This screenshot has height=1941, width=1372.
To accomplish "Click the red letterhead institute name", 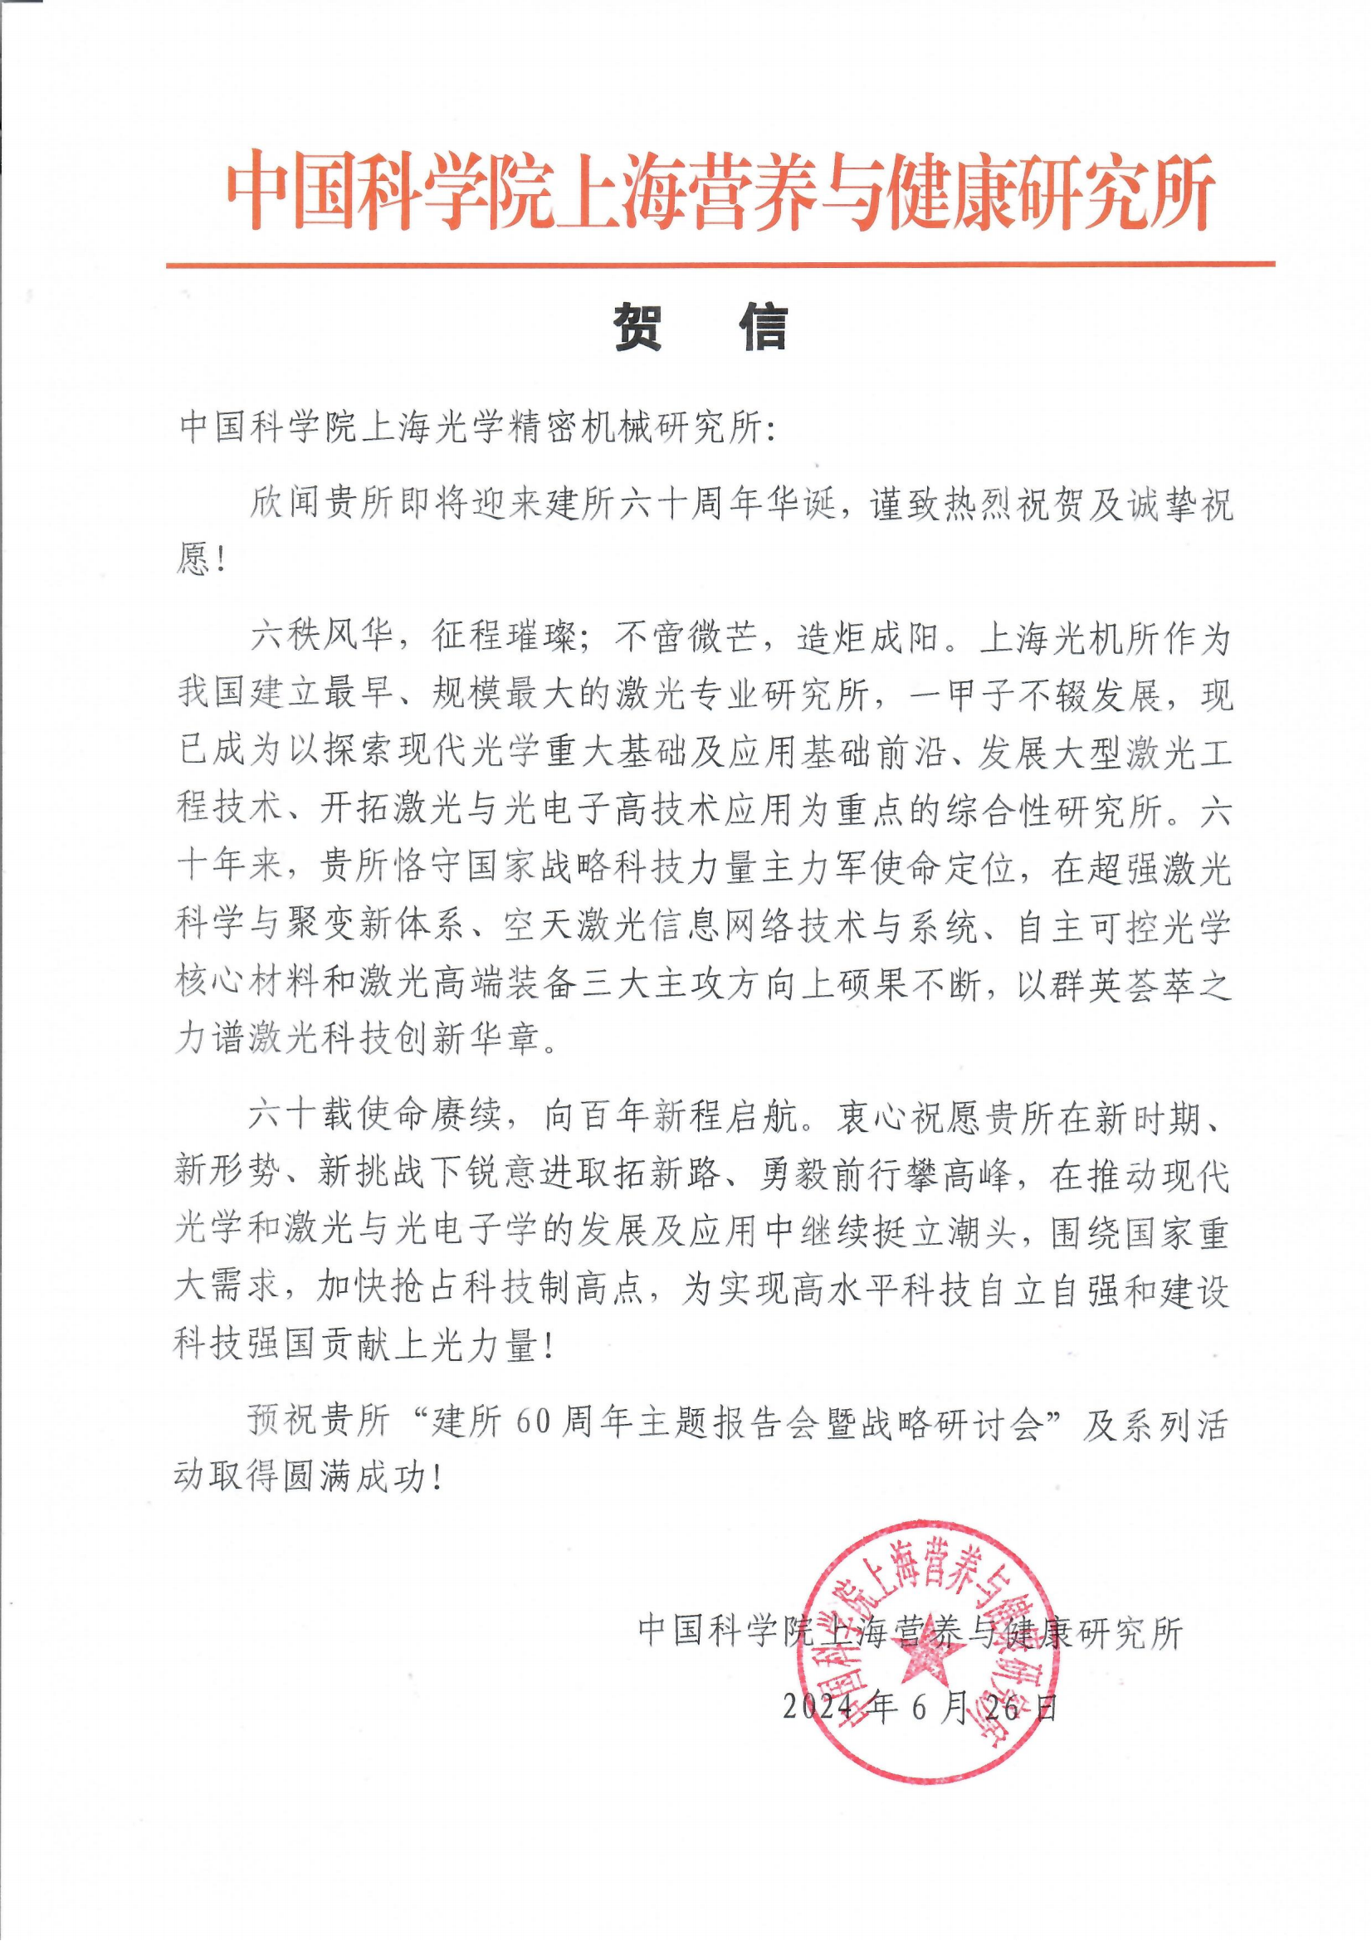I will (x=719, y=191).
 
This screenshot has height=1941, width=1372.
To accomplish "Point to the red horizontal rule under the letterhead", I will (x=719, y=265).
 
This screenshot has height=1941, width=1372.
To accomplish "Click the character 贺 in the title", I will (x=637, y=327).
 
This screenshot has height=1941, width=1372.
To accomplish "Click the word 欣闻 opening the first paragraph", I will (x=286, y=506).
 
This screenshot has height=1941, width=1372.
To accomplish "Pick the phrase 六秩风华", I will (x=321, y=637).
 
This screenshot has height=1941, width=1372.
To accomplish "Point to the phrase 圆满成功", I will (x=356, y=1478).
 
